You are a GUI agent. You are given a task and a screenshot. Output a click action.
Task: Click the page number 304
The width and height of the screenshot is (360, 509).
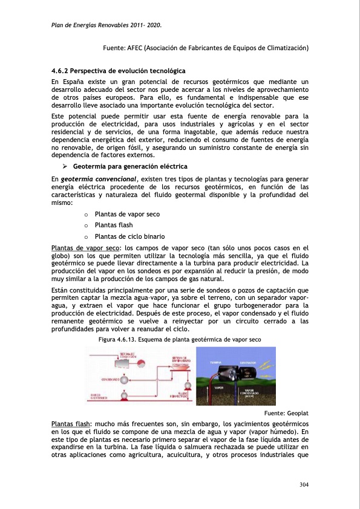(304, 485)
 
